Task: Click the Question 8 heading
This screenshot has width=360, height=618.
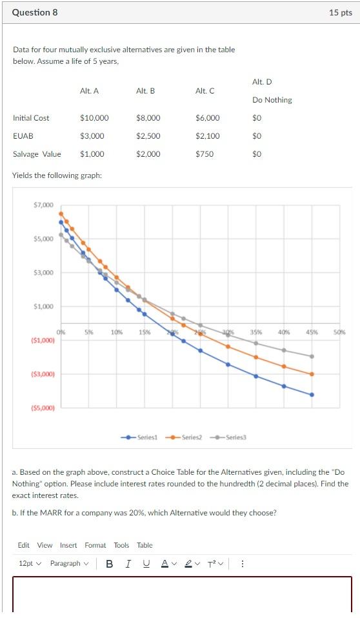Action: pyautogui.click(x=35, y=12)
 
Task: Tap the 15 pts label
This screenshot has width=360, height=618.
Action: pyautogui.click(x=340, y=12)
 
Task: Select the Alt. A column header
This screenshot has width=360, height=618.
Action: pyautogui.click(x=89, y=91)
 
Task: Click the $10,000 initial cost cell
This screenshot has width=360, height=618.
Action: pyautogui.click(x=94, y=118)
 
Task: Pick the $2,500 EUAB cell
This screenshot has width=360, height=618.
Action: pyautogui.click(x=148, y=136)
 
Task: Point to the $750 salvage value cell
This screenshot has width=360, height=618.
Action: pyautogui.click(x=205, y=154)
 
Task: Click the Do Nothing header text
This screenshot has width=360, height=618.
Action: pyautogui.click(x=272, y=100)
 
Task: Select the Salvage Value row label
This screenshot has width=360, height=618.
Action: pyautogui.click(x=37, y=154)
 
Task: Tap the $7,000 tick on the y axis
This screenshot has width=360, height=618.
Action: pyautogui.click(x=44, y=205)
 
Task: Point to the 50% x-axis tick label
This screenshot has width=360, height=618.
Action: pyautogui.click(x=340, y=332)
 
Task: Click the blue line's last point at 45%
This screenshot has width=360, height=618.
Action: pyautogui.click(x=312, y=395)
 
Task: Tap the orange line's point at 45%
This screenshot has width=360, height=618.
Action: pyautogui.click(x=312, y=374)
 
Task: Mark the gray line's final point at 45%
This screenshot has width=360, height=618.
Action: pyautogui.click(x=312, y=356)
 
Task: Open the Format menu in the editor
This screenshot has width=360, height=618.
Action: pyautogui.click(x=95, y=545)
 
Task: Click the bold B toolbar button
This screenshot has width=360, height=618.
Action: pyautogui.click(x=109, y=563)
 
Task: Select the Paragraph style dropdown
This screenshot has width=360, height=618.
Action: pyautogui.click(x=69, y=563)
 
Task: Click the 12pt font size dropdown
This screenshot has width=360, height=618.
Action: pyautogui.click(x=30, y=563)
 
